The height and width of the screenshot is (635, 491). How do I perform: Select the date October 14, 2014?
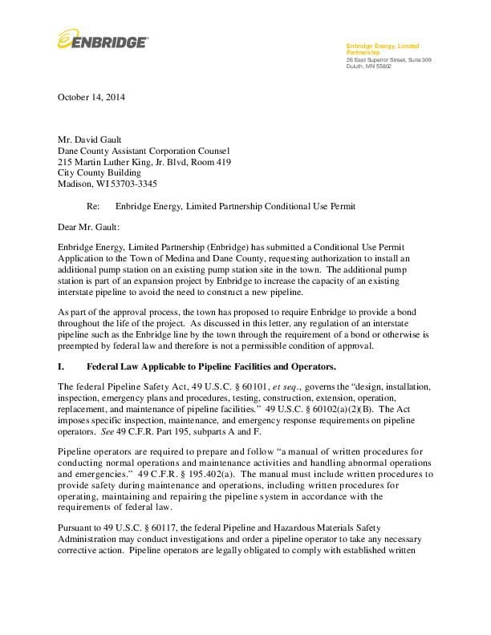[91, 98]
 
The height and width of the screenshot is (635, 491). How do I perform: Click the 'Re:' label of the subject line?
[93, 206]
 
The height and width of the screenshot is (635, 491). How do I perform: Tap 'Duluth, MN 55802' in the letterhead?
[369, 66]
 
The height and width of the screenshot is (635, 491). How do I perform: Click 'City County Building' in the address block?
[99, 172]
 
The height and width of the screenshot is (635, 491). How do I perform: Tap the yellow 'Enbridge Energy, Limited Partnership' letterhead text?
[382, 49]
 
